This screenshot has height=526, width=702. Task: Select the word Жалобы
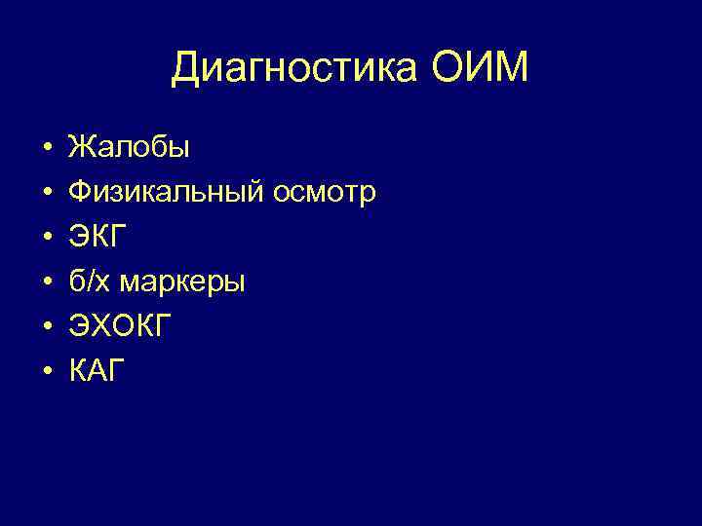tap(129, 148)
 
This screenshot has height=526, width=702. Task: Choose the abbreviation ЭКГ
tap(98, 237)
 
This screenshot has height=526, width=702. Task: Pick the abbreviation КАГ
tap(97, 371)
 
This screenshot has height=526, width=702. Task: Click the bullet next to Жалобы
tap(46, 149)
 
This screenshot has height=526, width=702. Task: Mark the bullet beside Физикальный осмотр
tap(46, 194)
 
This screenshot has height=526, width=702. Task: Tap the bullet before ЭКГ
tap(46, 238)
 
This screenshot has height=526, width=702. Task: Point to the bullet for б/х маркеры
tap(46, 282)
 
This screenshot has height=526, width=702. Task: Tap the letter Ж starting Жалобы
tap(81, 148)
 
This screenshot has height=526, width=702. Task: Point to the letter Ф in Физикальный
tap(80, 193)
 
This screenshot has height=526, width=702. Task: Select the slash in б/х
tap(87, 282)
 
